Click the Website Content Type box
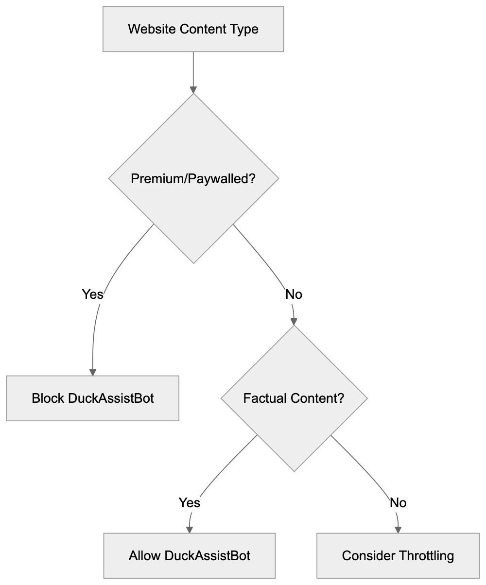(x=193, y=29)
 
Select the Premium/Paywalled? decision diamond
(x=193, y=178)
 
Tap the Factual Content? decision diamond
(x=294, y=398)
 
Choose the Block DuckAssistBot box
(x=92, y=398)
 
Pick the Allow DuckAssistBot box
(x=189, y=555)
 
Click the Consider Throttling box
(x=398, y=555)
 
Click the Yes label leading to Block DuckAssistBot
(x=92, y=294)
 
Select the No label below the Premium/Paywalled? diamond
(x=294, y=294)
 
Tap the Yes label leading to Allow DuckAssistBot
(x=189, y=502)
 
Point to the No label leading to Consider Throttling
(x=398, y=502)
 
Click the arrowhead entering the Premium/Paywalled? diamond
(x=193, y=90)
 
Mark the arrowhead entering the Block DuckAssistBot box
(x=92, y=372)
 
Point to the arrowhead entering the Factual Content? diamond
(x=294, y=322)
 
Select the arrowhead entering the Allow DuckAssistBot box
(x=189, y=530)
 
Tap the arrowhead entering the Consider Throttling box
(x=398, y=530)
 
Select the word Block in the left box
(x=48, y=398)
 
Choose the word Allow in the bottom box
(x=145, y=555)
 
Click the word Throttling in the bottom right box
(x=426, y=555)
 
